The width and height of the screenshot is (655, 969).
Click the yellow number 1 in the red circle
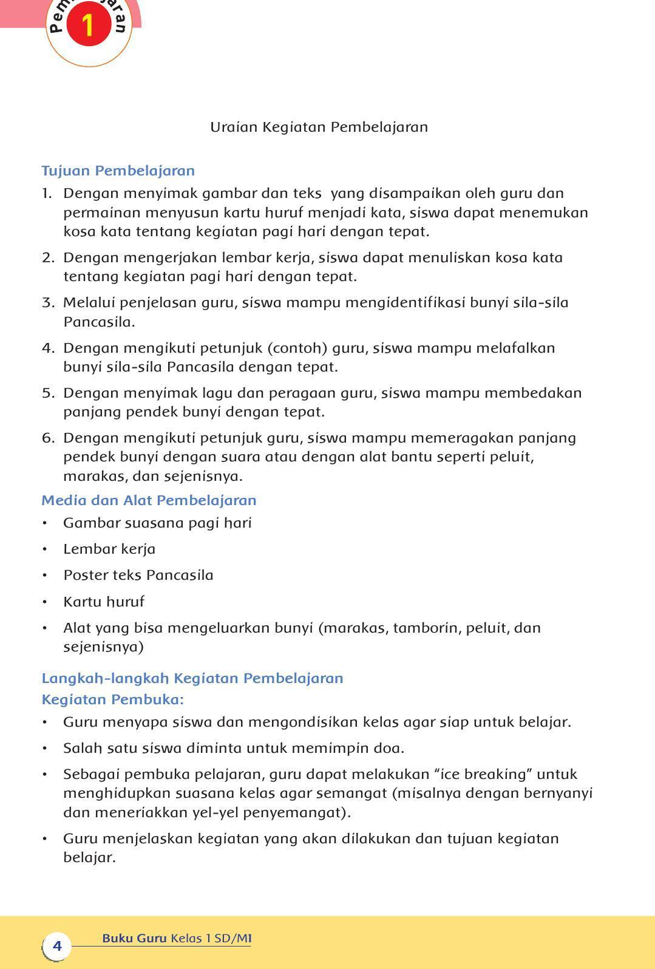[89, 25]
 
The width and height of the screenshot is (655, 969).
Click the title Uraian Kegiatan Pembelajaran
[319, 127]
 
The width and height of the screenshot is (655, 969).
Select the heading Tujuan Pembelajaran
[118, 171]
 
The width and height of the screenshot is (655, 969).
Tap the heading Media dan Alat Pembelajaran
[149, 500]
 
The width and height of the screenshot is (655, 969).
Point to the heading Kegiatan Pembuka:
[112, 699]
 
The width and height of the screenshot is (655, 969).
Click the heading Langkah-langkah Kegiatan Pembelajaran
[192, 678]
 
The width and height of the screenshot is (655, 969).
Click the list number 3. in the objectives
[48, 302]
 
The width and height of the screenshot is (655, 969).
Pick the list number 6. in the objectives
[48, 438]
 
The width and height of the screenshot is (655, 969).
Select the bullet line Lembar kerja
[109, 549]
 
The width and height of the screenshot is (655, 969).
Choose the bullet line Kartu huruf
[104, 602]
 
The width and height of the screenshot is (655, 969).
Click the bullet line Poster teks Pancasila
[138, 575]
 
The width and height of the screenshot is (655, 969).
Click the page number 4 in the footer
[57, 945]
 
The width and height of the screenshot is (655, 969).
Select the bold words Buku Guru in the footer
[134, 938]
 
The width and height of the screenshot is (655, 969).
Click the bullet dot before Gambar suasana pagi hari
[44, 523]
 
